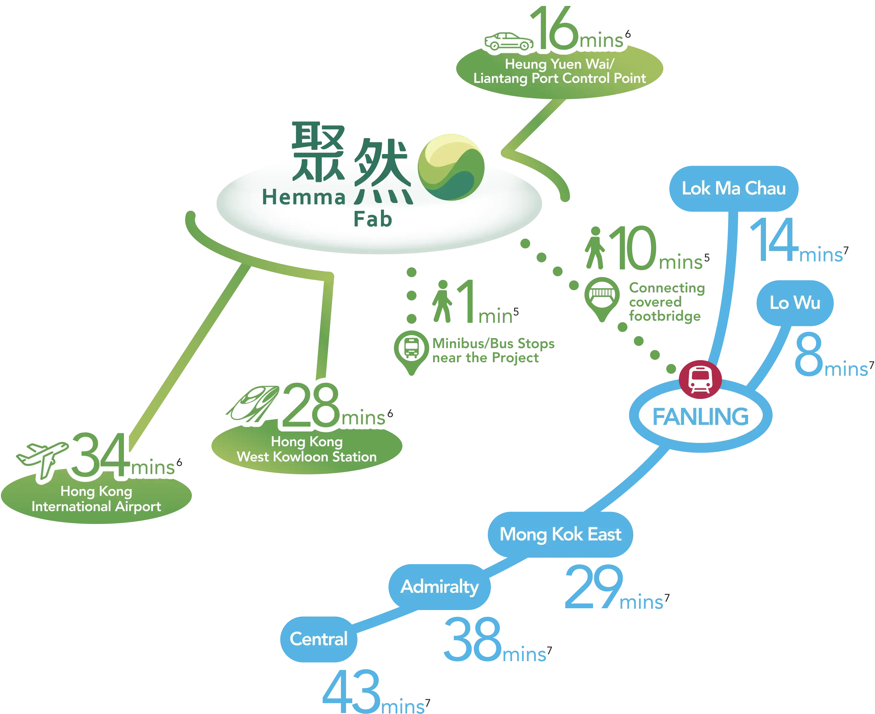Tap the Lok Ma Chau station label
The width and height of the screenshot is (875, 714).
tap(734, 188)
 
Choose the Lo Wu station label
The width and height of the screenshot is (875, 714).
tap(795, 303)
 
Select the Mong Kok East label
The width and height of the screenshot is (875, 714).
tap(560, 534)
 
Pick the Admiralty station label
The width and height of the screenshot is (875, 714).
tap(439, 586)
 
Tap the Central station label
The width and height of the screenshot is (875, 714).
tap(318, 639)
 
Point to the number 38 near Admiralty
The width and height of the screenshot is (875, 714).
tap(472, 640)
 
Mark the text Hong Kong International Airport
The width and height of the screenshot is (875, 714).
tap(96, 499)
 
